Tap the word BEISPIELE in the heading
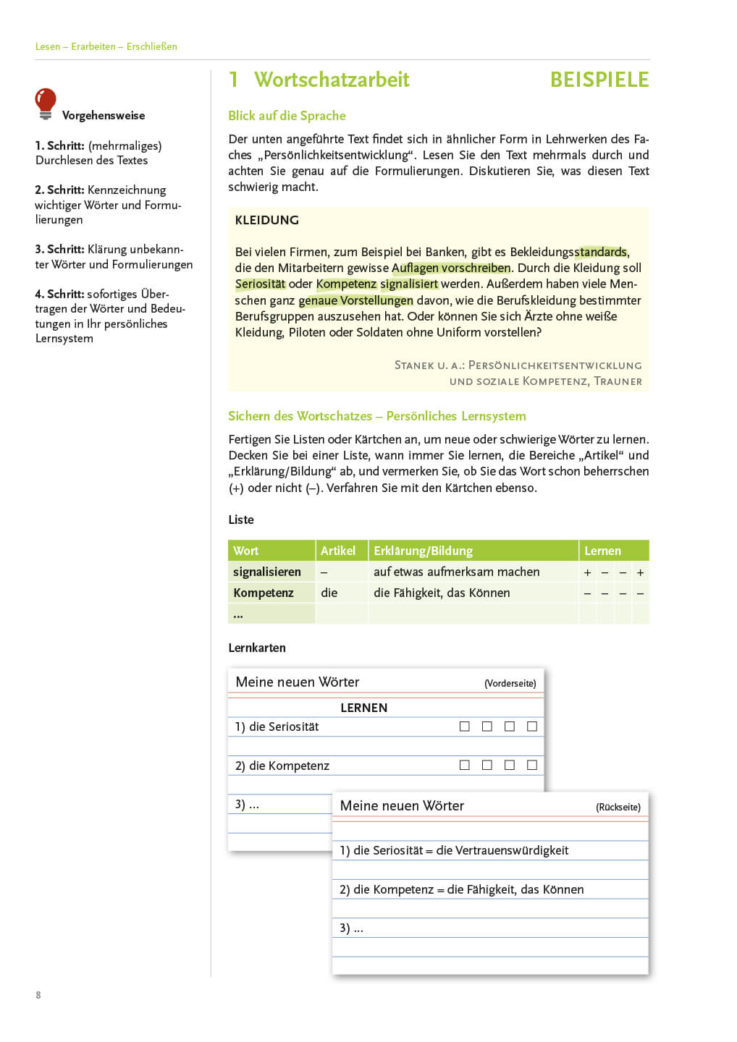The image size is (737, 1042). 599,80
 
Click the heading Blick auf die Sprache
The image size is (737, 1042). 287,116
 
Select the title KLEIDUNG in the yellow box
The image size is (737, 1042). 266,220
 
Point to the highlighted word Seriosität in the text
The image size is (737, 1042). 260,284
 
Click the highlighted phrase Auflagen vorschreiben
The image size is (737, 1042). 451,268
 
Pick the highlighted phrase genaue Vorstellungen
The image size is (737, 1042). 355,300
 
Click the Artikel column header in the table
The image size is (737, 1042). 338,551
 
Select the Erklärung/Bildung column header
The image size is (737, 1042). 423,551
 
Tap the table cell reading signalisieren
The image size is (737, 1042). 266,572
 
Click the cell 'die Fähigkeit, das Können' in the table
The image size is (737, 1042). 442,593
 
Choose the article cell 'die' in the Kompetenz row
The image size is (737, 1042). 329,593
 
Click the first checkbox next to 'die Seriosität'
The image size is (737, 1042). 465,726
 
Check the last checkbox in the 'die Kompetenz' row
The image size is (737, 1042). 532,765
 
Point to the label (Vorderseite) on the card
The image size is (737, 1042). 510,683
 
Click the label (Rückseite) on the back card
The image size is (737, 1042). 618,807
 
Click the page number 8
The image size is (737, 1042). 38,995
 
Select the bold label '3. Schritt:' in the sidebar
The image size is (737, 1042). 59,249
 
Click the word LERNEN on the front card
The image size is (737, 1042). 363,708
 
